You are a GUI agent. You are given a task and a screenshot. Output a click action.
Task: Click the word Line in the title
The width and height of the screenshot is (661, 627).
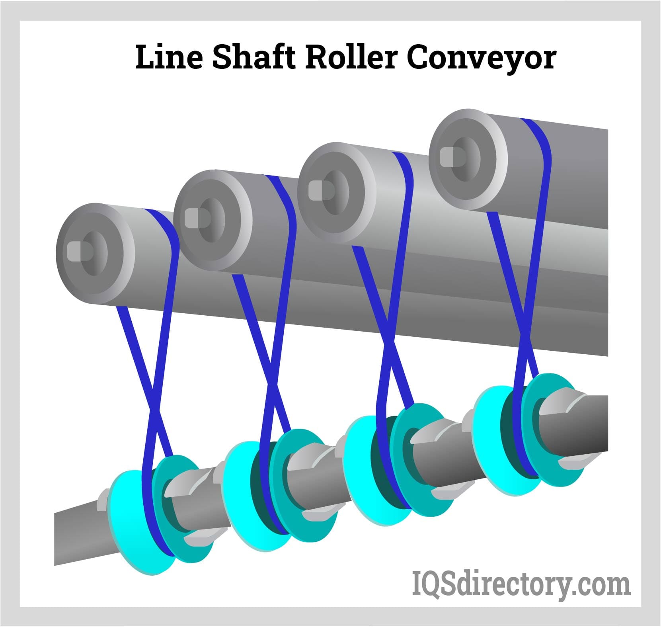(168, 58)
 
